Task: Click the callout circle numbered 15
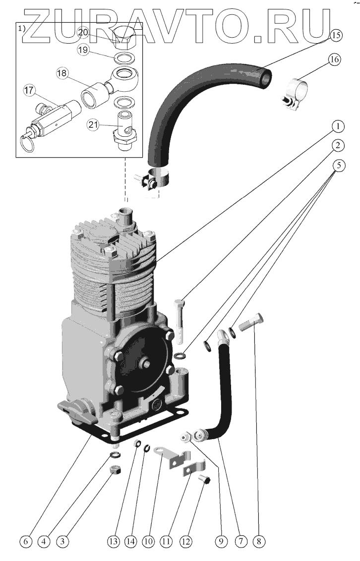[336, 35]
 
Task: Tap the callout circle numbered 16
[334, 60]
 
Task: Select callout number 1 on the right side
[337, 127]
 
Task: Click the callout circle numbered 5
[337, 165]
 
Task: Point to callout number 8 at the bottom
[257, 542]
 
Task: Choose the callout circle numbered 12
[185, 542]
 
